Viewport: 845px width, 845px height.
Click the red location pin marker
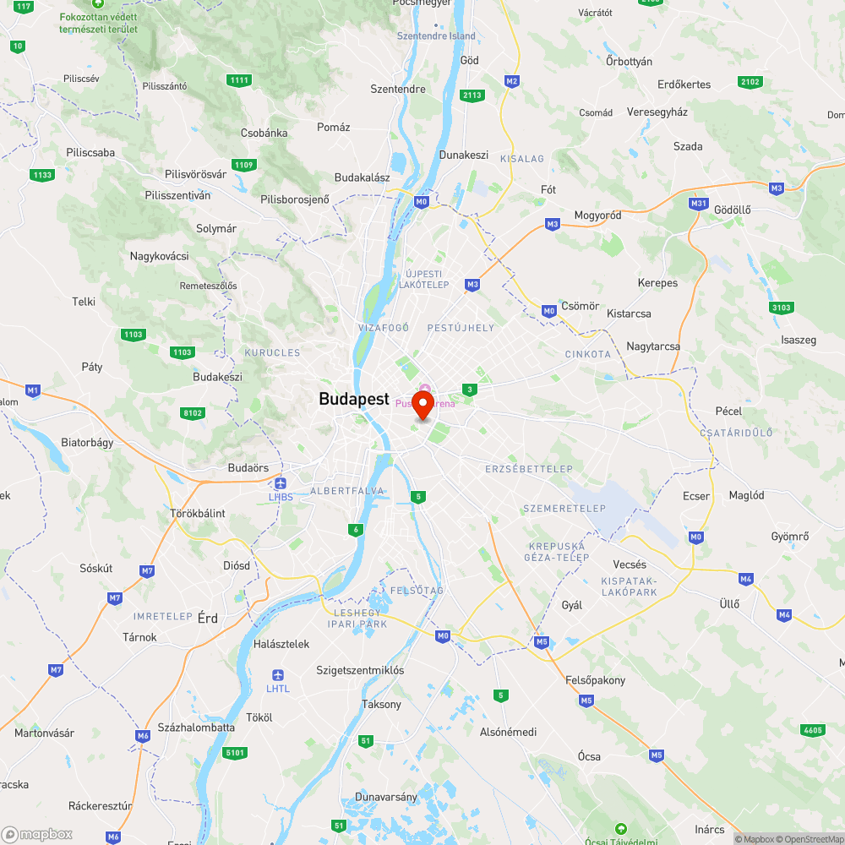pyautogui.click(x=422, y=403)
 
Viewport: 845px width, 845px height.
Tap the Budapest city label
pyautogui.click(x=354, y=400)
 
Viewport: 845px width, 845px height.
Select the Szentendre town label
pyautogui.click(x=398, y=89)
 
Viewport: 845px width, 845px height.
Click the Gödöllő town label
pyautogui.click(x=733, y=209)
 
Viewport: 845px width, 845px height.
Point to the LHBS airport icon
pyautogui.click(x=281, y=483)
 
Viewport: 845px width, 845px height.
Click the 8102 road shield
pyautogui.click(x=193, y=412)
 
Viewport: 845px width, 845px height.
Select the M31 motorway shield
pyautogui.click(x=698, y=204)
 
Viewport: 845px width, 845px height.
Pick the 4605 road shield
pyautogui.click(x=812, y=729)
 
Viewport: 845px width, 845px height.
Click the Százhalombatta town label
pyautogui.click(x=196, y=728)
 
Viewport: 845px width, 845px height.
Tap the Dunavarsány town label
pyautogui.click(x=386, y=797)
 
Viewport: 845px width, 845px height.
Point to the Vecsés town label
pyautogui.click(x=630, y=564)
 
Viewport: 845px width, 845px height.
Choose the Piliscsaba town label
pyautogui.click(x=90, y=153)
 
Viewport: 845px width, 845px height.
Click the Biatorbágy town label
pyautogui.click(x=87, y=442)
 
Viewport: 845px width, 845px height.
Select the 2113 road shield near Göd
pyautogui.click(x=472, y=95)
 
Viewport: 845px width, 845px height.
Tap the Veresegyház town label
pyautogui.click(x=657, y=112)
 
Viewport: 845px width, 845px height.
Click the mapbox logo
pyautogui.click(x=38, y=834)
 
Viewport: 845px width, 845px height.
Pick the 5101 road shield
pyautogui.click(x=236, y=752)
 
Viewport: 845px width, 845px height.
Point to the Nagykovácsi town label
pyautogui.click(x=159, y=256)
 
